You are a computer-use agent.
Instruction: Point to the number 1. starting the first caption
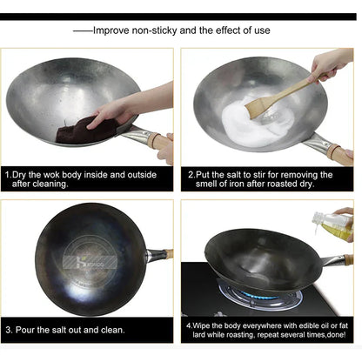tap(8, 175)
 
